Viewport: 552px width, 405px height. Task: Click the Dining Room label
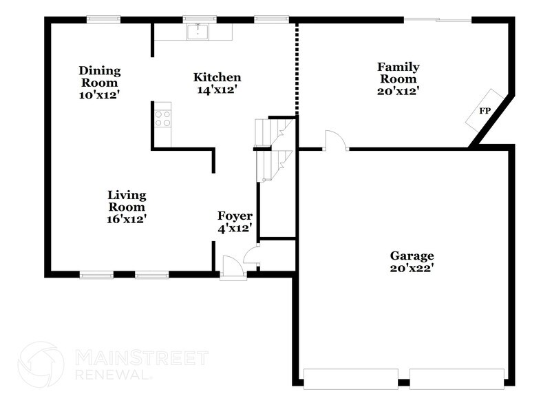(x=100, y=83)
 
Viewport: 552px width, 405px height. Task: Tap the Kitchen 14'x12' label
(x=217, y=83)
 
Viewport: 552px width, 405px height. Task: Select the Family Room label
(x=398, y=78)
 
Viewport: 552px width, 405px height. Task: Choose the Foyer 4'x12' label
(x=235, y=221)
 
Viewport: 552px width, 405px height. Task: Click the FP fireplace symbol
(x=485, y=110)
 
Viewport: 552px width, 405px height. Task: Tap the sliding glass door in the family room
(x=437, y=19)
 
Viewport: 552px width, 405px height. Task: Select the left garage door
(x=350, y=376)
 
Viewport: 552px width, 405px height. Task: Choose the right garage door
(x=457, y=376)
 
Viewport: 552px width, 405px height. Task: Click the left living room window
(x=97, y=276)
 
